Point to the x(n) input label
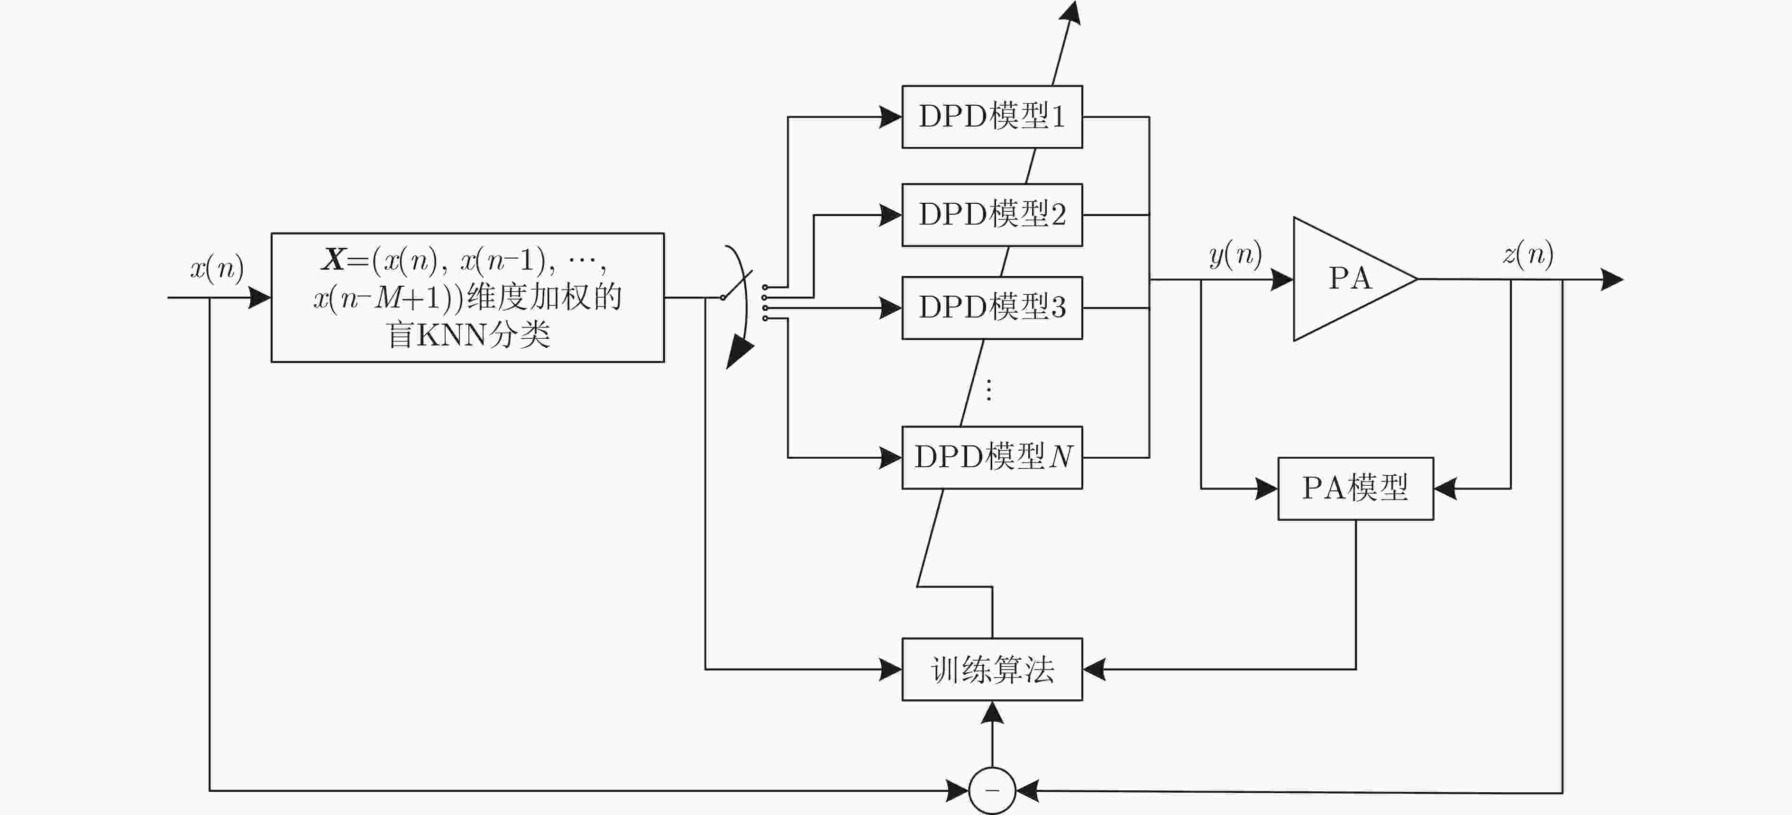coord(217,268)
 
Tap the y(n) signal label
coord(1235,254)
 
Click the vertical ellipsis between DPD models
coord(988,390)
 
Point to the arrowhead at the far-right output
coord(1612,280)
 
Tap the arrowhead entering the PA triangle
coord(1282,280)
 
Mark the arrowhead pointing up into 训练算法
coord(992,713)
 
